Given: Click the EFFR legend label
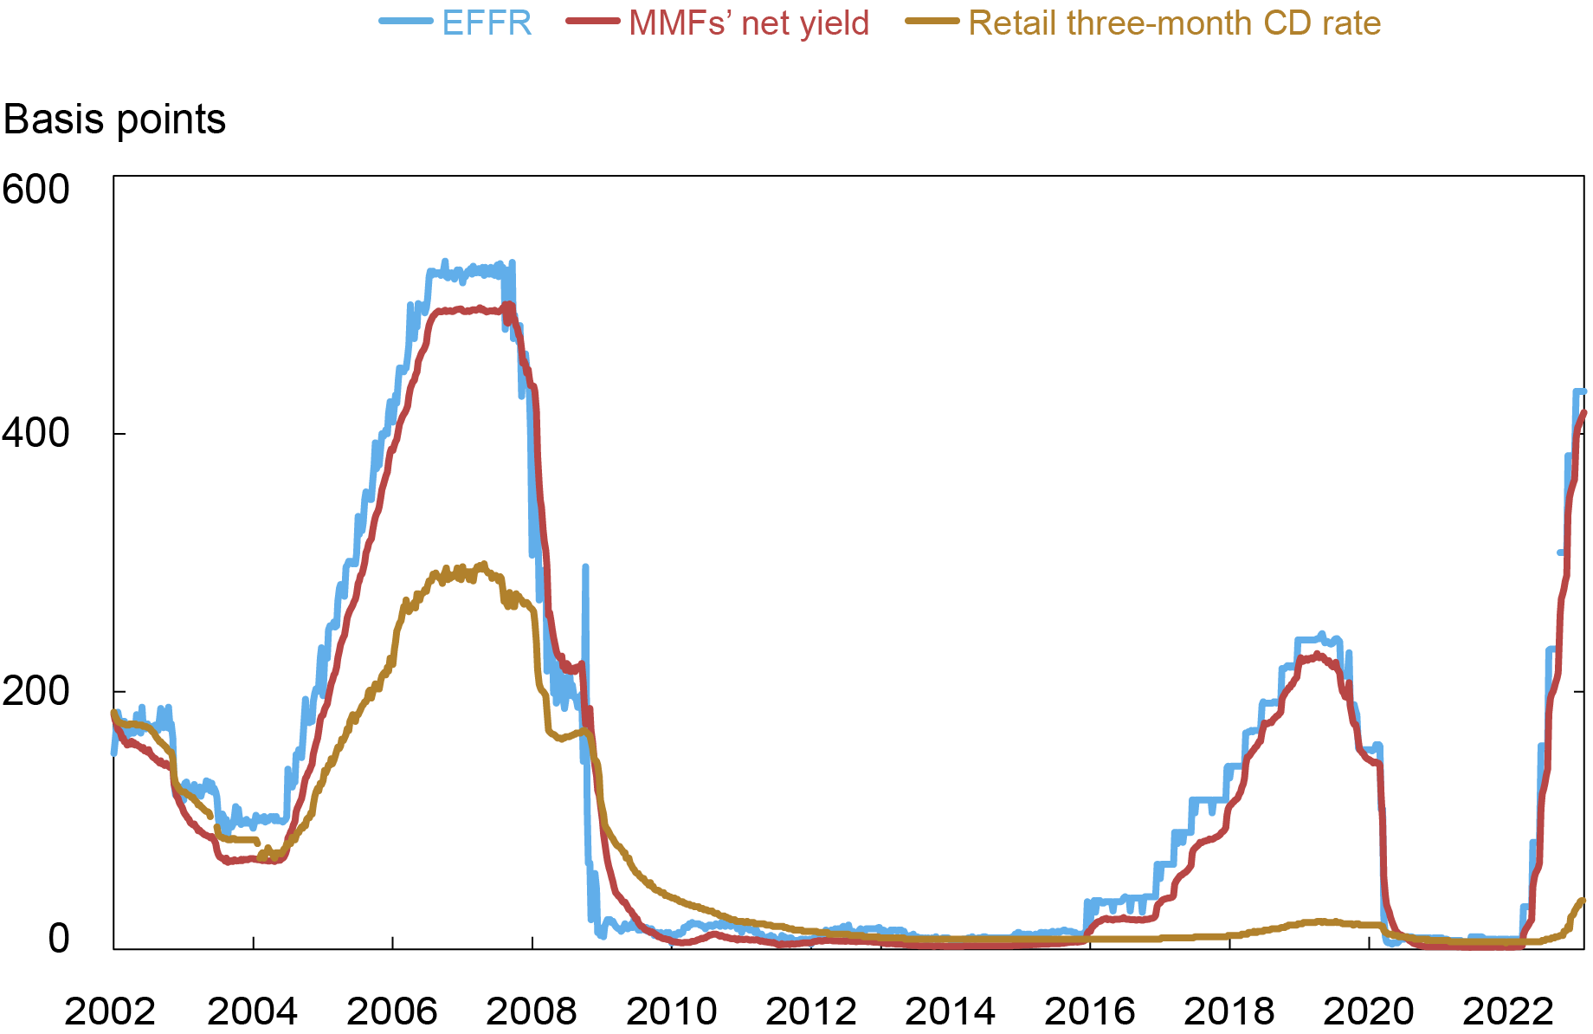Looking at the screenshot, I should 487,23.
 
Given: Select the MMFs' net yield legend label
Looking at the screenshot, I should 748,23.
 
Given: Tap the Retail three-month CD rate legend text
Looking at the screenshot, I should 1174,23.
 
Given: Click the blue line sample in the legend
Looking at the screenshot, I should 405,22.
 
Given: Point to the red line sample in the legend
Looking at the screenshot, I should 593,22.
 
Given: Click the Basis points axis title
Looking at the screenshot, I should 114,120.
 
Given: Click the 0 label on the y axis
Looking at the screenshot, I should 58,939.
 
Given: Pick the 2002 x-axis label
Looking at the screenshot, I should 110,1011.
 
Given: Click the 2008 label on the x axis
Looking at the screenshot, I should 532,1011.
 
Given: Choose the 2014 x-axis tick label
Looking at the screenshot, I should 950,1011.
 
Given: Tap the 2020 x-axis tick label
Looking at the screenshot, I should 1369,1011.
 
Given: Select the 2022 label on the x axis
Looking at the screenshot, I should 1508,1011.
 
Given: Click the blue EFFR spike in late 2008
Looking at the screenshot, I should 586,567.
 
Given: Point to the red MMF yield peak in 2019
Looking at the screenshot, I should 1316,655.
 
